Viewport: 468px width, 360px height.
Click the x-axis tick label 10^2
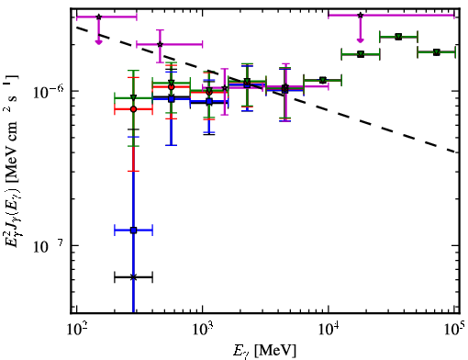point(77,331)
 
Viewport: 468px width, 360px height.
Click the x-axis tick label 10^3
point(203,331)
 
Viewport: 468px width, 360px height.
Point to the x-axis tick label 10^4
point(329,331)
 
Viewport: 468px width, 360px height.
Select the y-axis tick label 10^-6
point(49,91)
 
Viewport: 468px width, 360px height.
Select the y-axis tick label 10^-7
point(49,246)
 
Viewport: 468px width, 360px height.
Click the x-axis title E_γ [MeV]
point(264,351)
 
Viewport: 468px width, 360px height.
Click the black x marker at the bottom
point(133,277)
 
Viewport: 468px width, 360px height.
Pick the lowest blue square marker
point(133,231)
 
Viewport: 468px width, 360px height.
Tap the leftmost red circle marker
point(133,109)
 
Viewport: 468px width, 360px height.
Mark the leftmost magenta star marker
point(98,17)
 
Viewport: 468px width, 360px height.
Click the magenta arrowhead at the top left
point(98,41)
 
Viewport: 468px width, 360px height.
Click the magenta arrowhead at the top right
point(361,40)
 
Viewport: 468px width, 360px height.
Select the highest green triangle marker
point(398,37)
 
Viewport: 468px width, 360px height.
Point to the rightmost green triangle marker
point(437,52)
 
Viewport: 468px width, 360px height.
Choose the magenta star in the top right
point(361,15)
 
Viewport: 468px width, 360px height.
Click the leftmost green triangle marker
point(133,97)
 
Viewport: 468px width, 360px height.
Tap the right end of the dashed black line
point(456,152)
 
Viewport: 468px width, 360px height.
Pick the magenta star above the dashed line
point(160,44)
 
